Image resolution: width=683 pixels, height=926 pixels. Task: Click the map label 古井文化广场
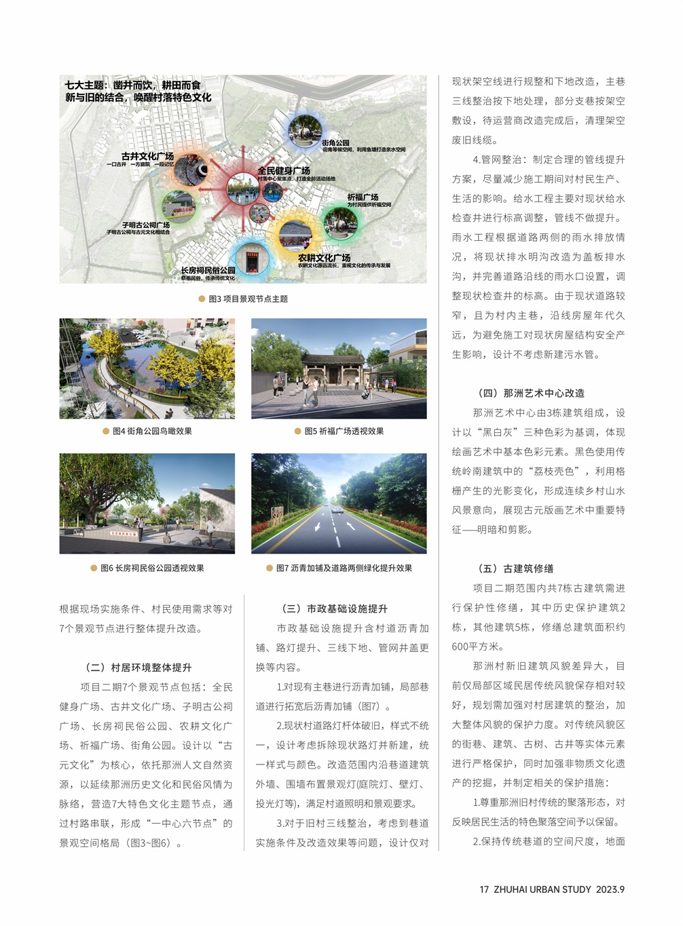(147, 156)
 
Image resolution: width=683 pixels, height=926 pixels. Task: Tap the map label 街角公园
(335, 142)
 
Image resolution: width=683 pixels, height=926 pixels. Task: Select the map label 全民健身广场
(284, 170)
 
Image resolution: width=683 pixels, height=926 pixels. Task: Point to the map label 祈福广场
(363, 197)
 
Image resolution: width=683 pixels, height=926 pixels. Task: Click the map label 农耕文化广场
(324, 258)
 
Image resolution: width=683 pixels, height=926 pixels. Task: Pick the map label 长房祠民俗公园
(208, 270)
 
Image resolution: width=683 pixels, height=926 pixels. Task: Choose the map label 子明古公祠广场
(145, 225)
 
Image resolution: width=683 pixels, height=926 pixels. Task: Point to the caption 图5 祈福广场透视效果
(344, 431)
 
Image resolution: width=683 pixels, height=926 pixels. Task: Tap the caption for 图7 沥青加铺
(344, 568)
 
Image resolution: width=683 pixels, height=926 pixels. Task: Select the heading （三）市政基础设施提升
(334, 609)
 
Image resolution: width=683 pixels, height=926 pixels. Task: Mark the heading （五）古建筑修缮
(515, 568)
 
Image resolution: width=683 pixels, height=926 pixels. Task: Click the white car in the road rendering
(335, 509)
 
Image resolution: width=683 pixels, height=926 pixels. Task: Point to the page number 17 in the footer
(484, 889)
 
